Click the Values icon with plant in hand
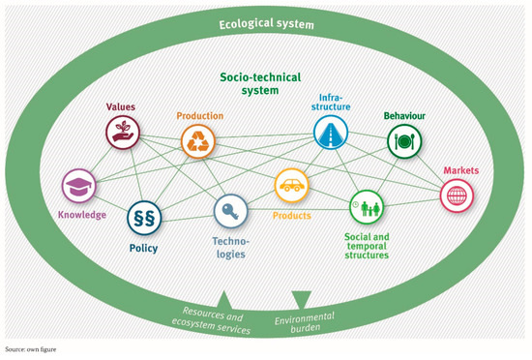[x=123, y=134]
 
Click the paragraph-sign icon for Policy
[x=144, y=220]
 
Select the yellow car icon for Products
[x=292, y=184]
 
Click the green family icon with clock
[x=367, y=206]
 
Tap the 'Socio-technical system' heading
[x=265, y=82]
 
